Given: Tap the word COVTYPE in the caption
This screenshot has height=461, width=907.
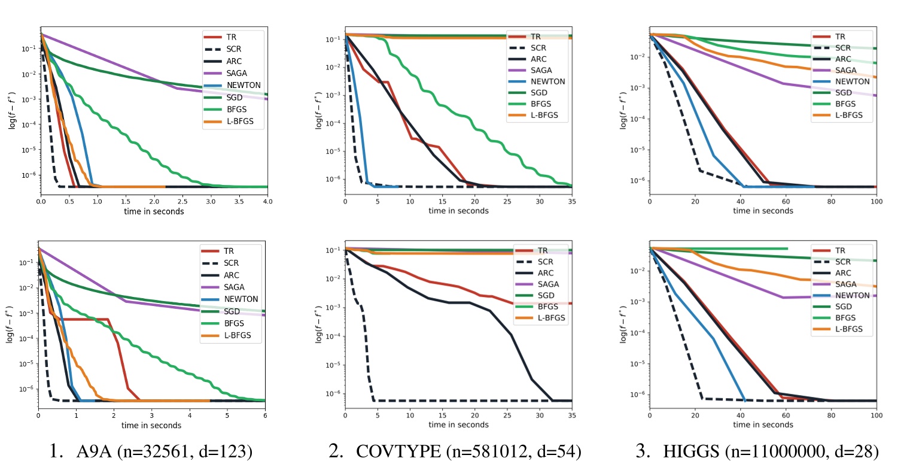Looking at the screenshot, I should pos(392,450).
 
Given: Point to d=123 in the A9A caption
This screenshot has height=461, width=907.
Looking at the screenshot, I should pos(228,450).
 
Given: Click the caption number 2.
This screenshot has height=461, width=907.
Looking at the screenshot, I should pos(335,450).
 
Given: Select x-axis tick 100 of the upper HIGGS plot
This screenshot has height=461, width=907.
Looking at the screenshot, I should pos(876,202).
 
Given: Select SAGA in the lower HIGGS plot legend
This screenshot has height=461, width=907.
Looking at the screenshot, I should pos(846,284).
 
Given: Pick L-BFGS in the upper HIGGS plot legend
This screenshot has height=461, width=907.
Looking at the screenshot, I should pos(851,114).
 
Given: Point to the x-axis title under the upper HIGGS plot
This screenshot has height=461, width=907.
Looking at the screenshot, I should pos(763,211).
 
